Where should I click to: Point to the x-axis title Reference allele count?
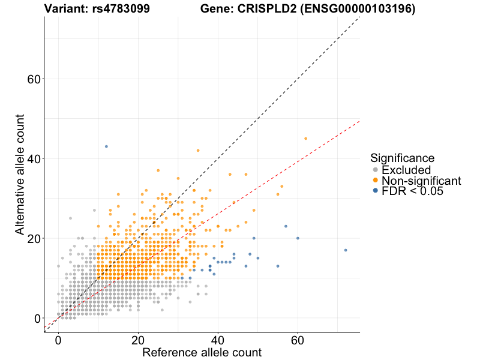[202, 352]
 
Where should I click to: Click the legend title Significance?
[402, 158]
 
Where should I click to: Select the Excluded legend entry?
[406, 170]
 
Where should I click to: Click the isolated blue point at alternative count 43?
[106, 146]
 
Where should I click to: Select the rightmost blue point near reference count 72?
[346, 250]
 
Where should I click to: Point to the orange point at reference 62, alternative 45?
[305, 139]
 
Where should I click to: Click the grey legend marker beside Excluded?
[376, 170]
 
